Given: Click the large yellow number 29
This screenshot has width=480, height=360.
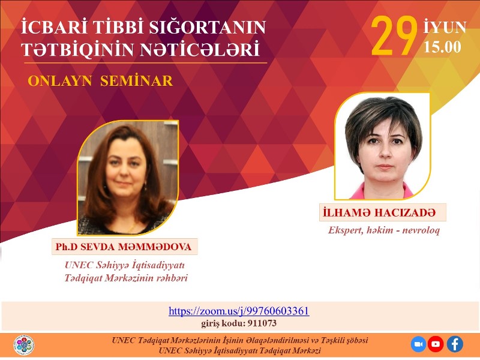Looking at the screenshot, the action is click(394, 36).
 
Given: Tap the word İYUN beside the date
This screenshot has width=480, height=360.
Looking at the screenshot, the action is click(445, 27).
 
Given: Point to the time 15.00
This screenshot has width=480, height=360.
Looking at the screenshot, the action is click(442, 47).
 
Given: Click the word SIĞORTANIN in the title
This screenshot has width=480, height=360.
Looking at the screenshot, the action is click(207, 27).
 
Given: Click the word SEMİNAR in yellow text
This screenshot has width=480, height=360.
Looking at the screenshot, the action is click(137, 81).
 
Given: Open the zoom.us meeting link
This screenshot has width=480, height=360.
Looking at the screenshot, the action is click(239, 311).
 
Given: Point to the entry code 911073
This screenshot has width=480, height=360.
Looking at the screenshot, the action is click(262, 323).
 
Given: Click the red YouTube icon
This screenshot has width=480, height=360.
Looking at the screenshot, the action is click(436, 344).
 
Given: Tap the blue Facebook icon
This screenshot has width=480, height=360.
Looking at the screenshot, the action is click(455, 344).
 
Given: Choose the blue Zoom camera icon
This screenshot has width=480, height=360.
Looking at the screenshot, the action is click(418, 344).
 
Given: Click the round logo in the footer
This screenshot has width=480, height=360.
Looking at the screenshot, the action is click(23, 345).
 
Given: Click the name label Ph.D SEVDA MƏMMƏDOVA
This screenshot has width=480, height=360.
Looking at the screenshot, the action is click(124, 247).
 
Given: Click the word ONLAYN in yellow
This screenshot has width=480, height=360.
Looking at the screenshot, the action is click(60, 81).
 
